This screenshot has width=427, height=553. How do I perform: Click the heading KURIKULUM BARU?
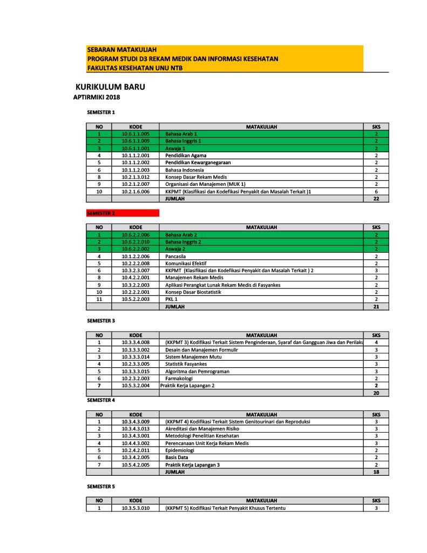point(110,87)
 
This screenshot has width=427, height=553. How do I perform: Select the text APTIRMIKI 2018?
point(96,97)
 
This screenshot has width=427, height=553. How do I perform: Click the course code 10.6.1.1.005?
point(135,133)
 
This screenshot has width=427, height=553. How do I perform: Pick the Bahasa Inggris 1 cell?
point(183,141)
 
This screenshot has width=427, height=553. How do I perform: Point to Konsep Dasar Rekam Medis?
point(196,177)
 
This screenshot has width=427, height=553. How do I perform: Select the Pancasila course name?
point(177,257)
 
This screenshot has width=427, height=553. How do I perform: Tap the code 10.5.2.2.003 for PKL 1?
point(135,299)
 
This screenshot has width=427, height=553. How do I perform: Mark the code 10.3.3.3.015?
point(135,372)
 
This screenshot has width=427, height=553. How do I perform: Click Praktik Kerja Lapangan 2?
point(187,386)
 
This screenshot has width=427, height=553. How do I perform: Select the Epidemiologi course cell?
point(180,450)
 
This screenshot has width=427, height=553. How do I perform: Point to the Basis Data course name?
point(177,457)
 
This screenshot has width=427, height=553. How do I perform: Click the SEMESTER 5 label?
point(101,487)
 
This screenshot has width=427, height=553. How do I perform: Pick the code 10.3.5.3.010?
point(135,508)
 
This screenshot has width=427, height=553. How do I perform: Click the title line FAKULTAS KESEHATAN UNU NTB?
point(134,68)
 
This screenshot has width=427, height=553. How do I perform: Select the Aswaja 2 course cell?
point(175,249)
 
